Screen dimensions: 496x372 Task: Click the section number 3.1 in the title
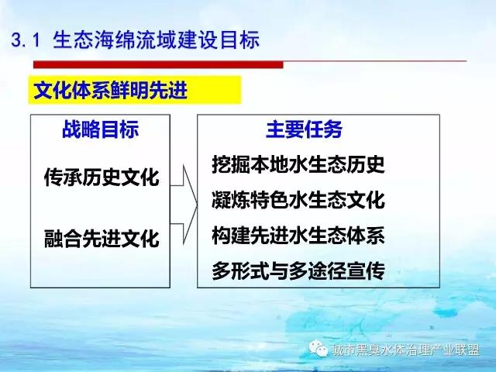[26, 40]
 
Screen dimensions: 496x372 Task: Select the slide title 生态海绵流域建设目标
[157, 40]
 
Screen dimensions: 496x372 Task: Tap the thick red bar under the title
[158, 64]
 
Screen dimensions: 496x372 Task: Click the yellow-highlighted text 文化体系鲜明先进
[110, 91]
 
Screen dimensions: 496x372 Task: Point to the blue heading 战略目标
[100, 129]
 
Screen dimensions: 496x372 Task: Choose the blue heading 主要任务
[304, 129]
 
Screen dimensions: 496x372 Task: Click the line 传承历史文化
[102, 177]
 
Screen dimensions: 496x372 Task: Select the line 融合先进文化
[102, 238]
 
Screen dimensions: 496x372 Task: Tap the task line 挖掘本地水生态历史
[298, 164]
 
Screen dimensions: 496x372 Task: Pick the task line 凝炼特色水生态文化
[298, 200]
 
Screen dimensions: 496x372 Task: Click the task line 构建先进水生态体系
[298, 236]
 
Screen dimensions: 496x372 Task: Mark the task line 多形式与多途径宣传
[298, 270]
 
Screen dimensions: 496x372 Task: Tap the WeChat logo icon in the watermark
[319, 348]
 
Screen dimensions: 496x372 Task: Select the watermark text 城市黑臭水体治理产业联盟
[406, 350]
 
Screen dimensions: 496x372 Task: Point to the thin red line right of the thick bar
[375, 60]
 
